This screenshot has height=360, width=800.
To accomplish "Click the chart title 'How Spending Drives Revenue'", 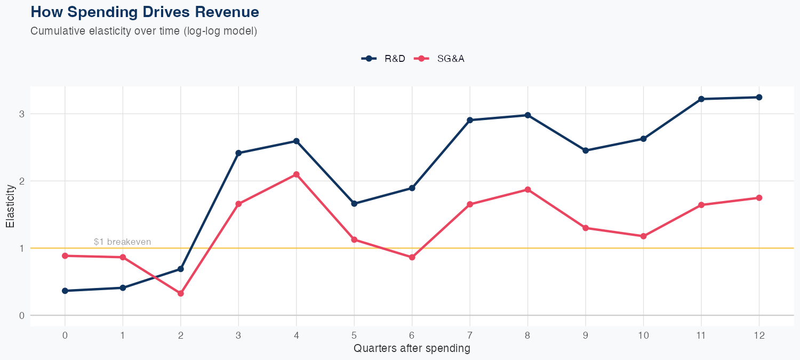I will (x=145, y=12).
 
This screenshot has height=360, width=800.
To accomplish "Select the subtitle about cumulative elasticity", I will (x=144, y=31).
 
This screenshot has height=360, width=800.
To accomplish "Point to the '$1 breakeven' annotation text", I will (x=122, y=242).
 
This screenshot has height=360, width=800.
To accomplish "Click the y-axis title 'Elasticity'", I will (x=10, y=206).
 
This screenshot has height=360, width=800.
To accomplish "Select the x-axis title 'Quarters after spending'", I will (x=412, y=349).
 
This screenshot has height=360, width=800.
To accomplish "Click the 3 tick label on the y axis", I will (x=22, y=114).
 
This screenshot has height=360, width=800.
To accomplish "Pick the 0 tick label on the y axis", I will (x=22, y=315).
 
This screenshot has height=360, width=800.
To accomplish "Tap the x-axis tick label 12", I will (x=759, y=335).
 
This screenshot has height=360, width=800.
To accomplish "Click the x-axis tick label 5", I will (x=354, y=335).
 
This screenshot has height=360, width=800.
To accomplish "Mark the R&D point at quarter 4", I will (x=297, y=141).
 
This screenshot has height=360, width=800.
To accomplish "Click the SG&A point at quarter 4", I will (x=297, y=174).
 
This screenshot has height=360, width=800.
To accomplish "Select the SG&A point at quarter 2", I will (x=181, y=293).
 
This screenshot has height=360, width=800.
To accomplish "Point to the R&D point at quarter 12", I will (x=759, y=97).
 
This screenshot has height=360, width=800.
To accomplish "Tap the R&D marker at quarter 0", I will (x=65, y=291).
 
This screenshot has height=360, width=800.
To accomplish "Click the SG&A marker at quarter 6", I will (x=412, y=257).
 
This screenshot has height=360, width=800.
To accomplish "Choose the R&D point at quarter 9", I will (x=586, y=150).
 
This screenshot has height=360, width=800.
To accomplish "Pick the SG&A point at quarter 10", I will (x=643, y=236).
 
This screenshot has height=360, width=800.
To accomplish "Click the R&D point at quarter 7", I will (x=470, y=120).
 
